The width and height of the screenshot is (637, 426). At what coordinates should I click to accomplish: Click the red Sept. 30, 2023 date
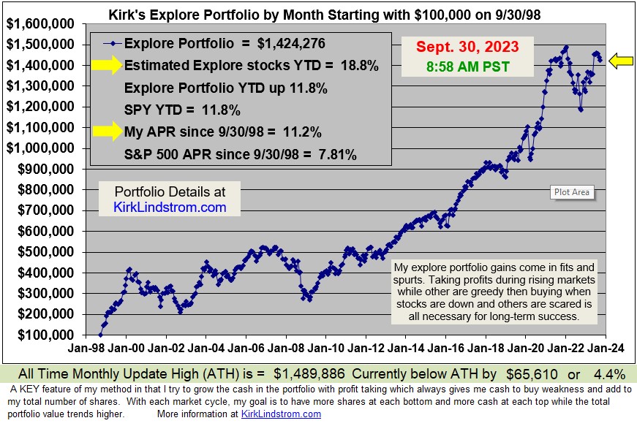tap(467, 47)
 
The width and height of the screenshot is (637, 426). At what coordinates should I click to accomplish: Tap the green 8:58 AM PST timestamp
tap(468, 66)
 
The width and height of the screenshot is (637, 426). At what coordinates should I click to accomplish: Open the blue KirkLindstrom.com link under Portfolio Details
tap(170, 208)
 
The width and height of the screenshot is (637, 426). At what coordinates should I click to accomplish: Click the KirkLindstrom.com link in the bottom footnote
tap(281, 414)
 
